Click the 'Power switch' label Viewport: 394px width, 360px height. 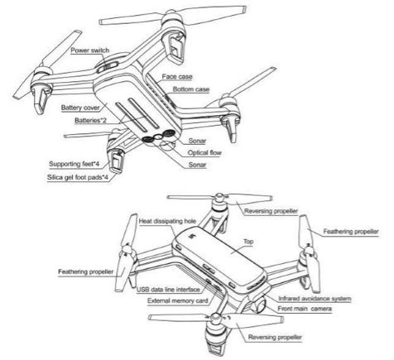(x=90, y=50)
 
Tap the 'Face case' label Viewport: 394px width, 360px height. (x=177, y=77)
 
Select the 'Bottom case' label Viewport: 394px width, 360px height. (x=191, y=89)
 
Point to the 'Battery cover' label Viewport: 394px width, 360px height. (x=80, y=108)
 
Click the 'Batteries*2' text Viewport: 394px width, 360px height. (x=90, y=121)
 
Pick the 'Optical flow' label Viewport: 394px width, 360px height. (x=204, y=152)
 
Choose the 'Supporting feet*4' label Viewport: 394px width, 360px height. (x=74, y=164)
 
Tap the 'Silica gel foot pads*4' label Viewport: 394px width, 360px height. (x=78, y=177)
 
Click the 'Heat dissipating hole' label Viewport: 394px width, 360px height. (x=167, y=221)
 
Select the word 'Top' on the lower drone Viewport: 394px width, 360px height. (x=248, y=242)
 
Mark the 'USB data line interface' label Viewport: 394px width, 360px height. (x=168, y=290)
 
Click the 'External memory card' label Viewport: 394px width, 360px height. (x=178, y=300)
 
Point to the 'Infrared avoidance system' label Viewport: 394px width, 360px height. (x=315, y=299)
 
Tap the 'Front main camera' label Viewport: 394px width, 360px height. (x=305, y=309)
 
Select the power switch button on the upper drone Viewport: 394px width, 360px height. (x=108, y=67)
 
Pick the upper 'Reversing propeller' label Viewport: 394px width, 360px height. (x=271, y=211)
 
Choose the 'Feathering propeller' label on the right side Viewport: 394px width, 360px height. (x=351, y=232)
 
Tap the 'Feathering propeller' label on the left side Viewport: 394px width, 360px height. (x=86, y=271)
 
